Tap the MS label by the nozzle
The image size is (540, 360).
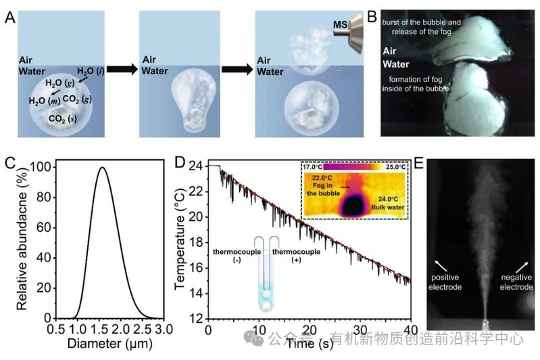coord(342,27)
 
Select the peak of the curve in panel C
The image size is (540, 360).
coord(103,168)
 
